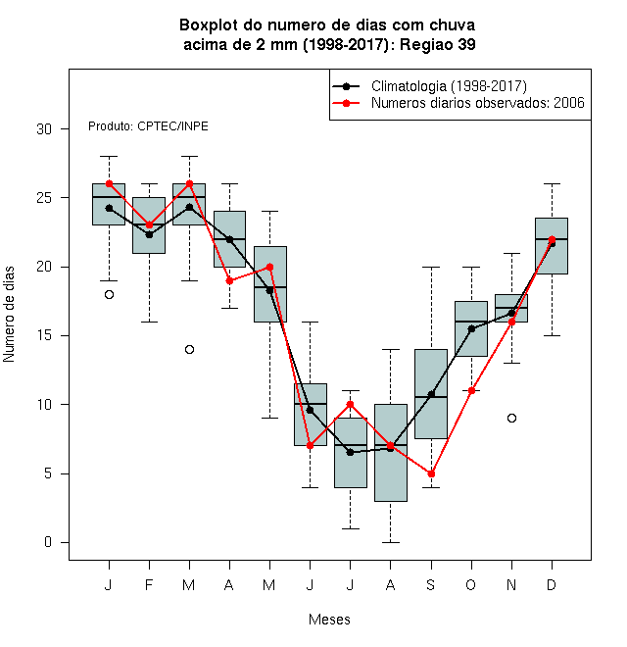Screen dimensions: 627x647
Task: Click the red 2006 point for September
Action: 431,473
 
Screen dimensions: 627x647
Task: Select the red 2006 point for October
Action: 471,391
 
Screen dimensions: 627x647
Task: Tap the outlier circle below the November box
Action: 511,418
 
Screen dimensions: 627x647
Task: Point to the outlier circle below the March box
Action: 189,350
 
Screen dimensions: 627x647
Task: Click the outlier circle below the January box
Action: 109,295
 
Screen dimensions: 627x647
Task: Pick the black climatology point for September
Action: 431,394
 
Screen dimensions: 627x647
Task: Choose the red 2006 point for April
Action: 230,281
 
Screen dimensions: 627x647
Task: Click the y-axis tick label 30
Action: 44,129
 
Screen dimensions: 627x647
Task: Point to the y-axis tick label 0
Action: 48,542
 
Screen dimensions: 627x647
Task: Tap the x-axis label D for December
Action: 552,584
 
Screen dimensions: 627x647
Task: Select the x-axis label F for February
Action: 149,584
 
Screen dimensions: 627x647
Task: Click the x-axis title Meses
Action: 329,620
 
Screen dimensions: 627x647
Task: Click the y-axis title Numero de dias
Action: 9,315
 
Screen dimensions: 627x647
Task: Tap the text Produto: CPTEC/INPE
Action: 148,126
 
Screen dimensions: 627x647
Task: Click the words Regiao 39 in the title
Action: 438,44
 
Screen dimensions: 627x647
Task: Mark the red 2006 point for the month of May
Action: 269,267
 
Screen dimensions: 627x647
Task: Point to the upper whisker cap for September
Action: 431,267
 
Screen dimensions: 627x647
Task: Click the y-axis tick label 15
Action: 44,335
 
